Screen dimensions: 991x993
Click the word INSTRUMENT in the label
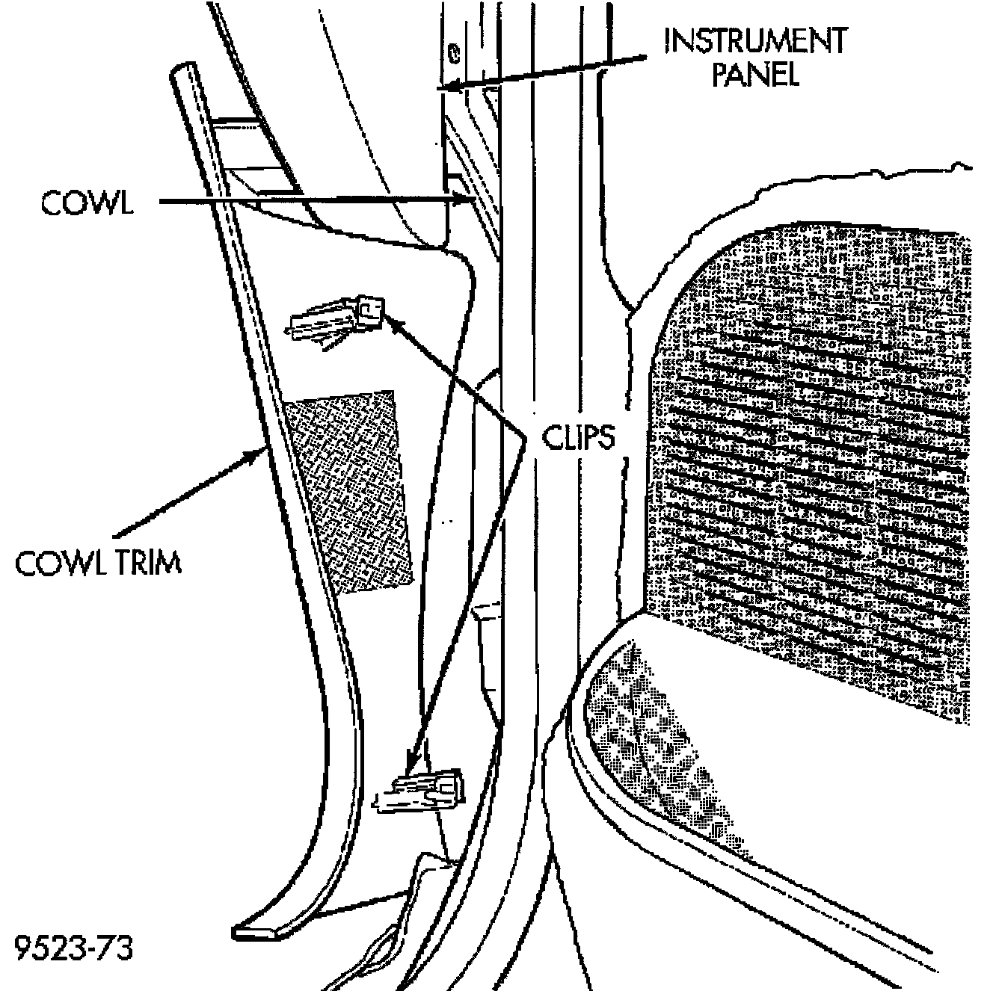[x=755, y=40]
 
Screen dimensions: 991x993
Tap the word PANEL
[x=755, y=75]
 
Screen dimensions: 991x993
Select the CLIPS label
[x=578, y=438]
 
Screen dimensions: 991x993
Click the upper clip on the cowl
[x=336, y=320]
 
